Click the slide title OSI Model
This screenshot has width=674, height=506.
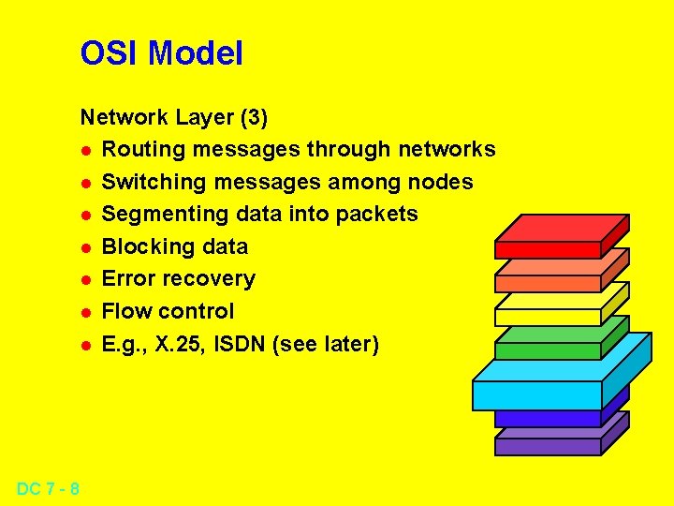point(161,53)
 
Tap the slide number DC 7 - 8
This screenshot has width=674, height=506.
point(48,488)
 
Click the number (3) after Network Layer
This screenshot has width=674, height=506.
point(254,117)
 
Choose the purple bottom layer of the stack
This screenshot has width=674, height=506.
point(548,446)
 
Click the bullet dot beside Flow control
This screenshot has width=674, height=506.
point(85,312)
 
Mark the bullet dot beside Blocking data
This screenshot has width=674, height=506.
point(85,247)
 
